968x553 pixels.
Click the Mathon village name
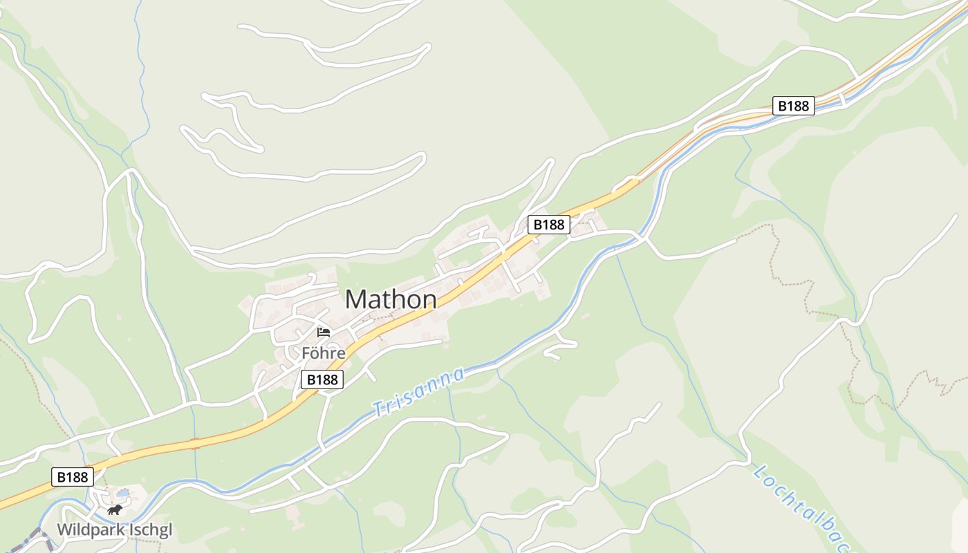(x=391, y=299)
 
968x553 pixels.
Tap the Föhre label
(x=323, y=353)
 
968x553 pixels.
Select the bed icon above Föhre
(x=323, y=332)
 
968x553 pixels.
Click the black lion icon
(x=115, y=510)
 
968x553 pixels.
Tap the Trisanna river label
(x=418, y=392)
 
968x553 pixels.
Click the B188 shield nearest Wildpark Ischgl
(x=72, y=477)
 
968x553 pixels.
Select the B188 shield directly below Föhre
(x=322, y=379)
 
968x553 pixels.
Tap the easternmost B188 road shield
(x=793, y=106)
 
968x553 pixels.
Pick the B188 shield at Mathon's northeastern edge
(x=549, y=224)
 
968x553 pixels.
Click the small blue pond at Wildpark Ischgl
(x=122, y=494)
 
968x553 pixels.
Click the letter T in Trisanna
(x=378, y=409)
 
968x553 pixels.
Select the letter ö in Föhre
(x=315, y=353)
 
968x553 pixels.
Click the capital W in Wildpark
(x=64, y=530)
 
